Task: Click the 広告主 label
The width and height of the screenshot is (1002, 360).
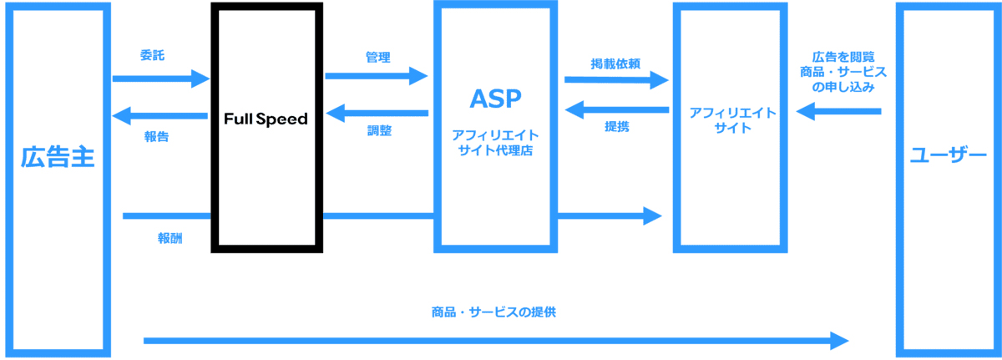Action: [x=58, y=157]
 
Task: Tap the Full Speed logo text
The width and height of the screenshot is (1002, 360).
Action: [x=266, y=119]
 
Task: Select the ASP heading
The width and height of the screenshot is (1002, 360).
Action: [x=494, y=99]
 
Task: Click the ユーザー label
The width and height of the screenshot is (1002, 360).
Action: [x=948, y=156]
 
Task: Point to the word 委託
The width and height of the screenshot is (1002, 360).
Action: [x=152, y=56]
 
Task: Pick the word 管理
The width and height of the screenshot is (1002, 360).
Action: [x=377, y=57]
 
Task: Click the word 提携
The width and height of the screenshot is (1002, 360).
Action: [x=616, y=127]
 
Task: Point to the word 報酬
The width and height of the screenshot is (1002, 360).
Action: [x=170, y=238]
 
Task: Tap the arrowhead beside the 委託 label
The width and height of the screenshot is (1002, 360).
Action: [x=200, y=79]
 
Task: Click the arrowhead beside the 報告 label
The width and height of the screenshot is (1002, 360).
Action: [x=122, y=114]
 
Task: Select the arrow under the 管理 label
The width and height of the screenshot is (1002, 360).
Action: [x=376, y=76]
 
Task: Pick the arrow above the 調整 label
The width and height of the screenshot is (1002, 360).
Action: [x=377, y=113]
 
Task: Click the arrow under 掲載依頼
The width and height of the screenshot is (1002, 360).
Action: [x=616, y=80]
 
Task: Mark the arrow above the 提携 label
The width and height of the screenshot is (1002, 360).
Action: [x=616, y=109]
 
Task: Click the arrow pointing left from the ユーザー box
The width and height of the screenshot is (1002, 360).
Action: [x=838, y=110]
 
